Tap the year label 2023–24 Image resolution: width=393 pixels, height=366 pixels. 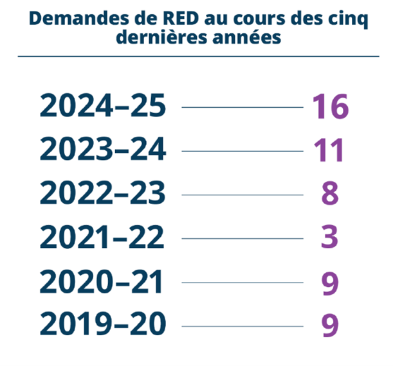click(103, 151)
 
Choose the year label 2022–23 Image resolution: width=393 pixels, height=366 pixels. click(103, 195)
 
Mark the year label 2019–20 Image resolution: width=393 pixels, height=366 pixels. click(103, 324)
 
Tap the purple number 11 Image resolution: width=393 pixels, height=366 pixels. click(329, 151)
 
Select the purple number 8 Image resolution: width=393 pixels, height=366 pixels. click(330, 195)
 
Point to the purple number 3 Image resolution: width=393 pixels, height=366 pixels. click(330, 238)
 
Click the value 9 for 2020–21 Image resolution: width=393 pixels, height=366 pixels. click(330, 283)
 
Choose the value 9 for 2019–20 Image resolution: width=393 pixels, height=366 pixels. click(330, 325)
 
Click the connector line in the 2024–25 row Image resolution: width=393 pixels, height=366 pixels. click(242, 107)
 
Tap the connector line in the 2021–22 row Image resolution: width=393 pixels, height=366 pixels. click(242, 239)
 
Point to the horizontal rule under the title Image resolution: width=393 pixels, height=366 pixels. click(196, 56)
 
